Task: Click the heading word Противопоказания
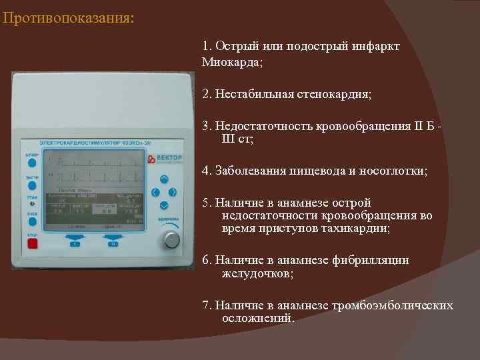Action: coord(66,17)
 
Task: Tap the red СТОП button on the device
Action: coord(32,243)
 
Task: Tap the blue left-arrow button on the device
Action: coord(155,192)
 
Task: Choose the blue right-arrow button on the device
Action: coord(173,192)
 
